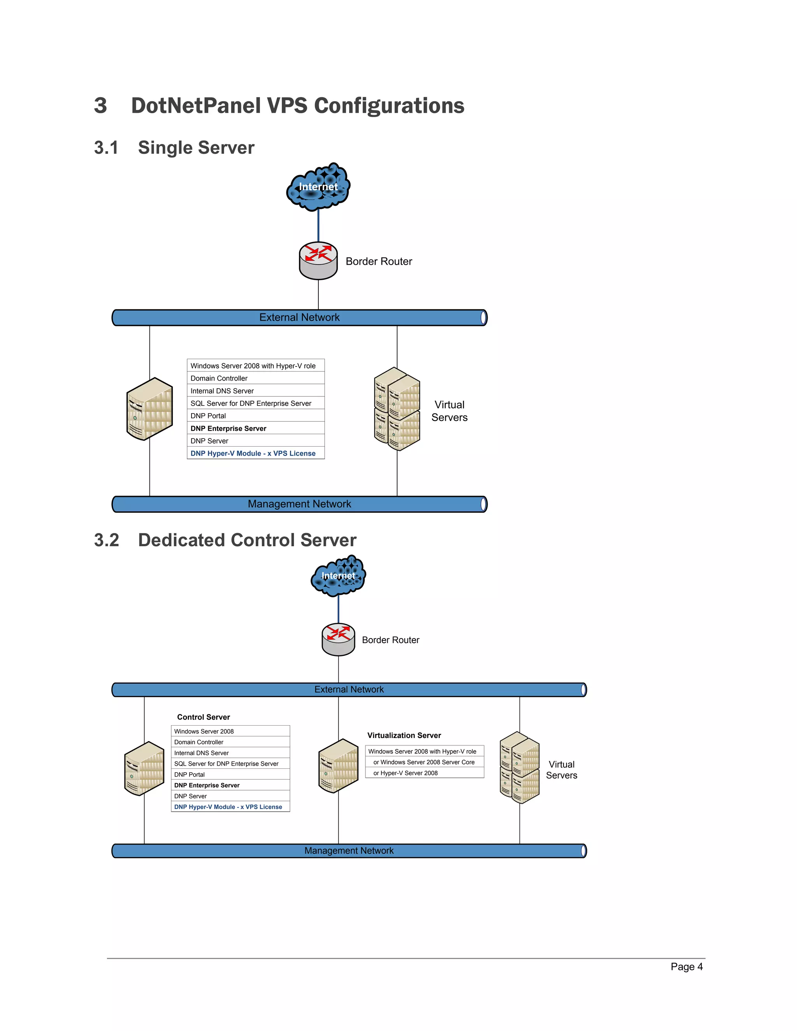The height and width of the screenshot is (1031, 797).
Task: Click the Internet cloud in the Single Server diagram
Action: coord(318,187)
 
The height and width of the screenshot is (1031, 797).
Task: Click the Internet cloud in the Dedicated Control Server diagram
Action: coord(338,575)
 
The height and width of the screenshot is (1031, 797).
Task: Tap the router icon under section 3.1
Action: coord(318,261)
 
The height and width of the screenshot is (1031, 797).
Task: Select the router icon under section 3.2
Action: coord(338,639)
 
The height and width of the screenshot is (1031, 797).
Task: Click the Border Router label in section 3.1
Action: coord(379,261)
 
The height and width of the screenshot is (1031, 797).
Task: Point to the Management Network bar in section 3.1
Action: coord(299,504)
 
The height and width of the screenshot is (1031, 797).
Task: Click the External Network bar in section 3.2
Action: coord(349,690)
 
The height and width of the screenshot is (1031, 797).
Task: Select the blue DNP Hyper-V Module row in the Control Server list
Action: coord(228,807)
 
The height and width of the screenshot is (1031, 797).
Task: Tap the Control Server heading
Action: coord(204,717)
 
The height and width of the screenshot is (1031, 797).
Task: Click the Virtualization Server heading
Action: coord(404,735)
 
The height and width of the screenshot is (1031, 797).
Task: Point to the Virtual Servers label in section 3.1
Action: coord(449,411)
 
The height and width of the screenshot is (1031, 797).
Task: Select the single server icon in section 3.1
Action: coord(149,409)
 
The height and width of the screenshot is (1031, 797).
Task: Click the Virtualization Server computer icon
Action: coord(338,766)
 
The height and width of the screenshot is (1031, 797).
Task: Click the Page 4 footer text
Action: coord(686,967)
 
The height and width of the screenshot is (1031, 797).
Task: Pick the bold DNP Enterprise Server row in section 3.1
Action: coord(228,428)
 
